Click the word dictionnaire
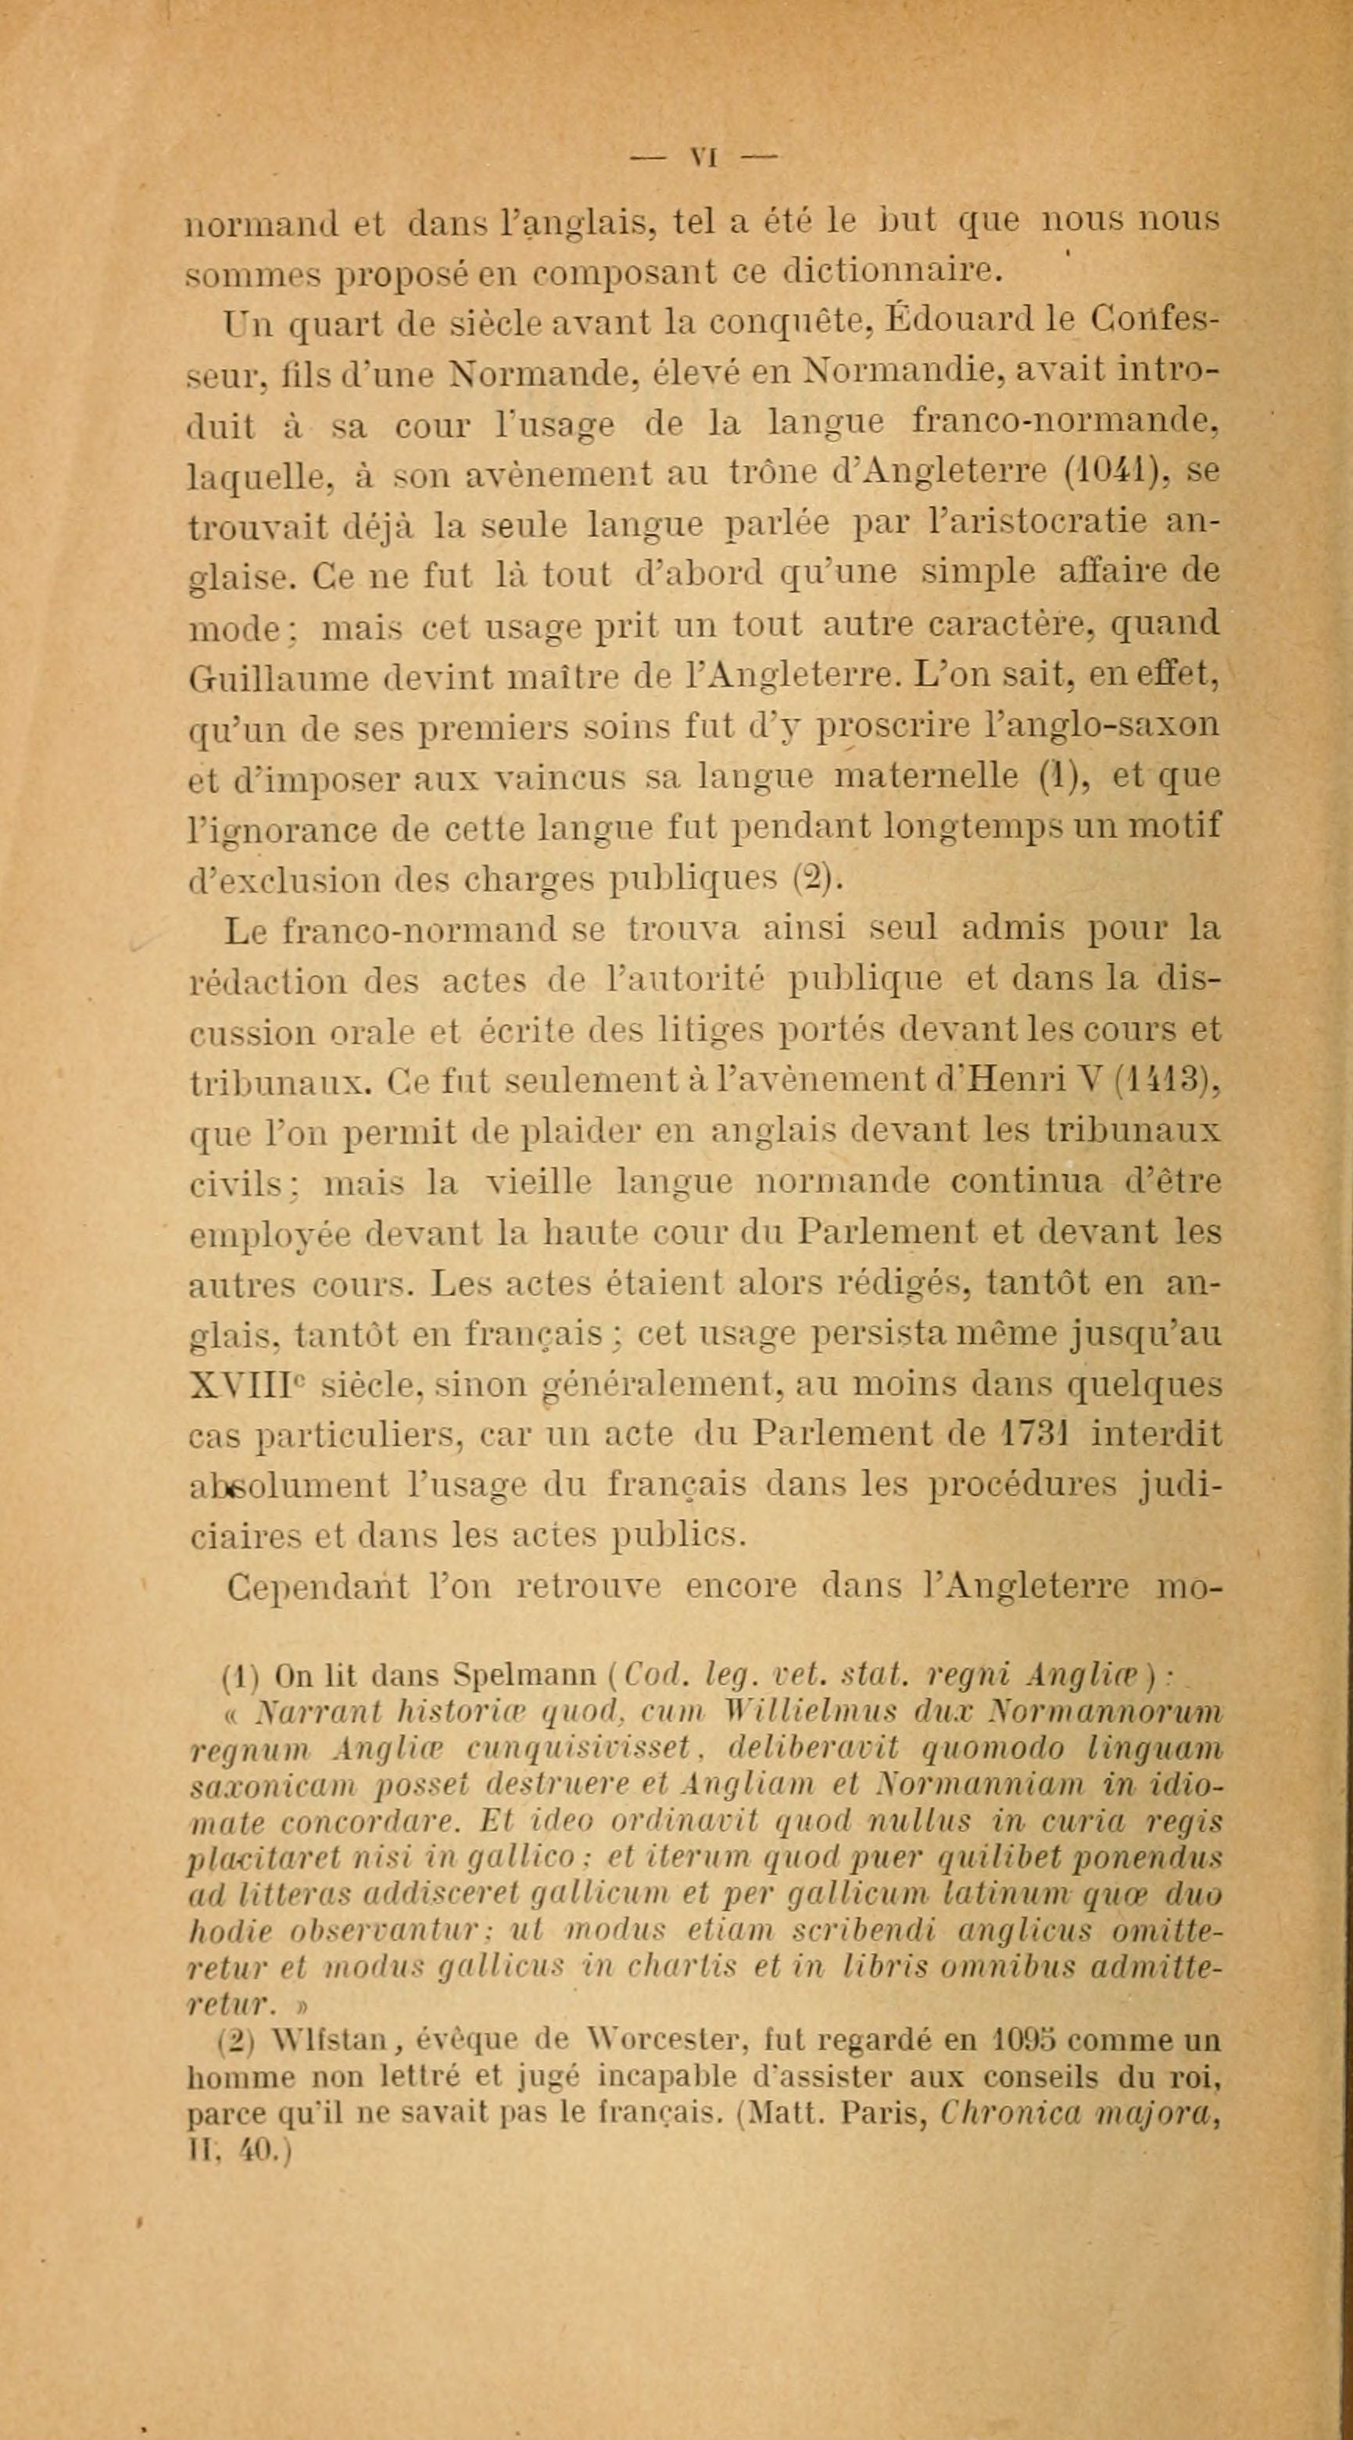(x=890, y=272)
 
